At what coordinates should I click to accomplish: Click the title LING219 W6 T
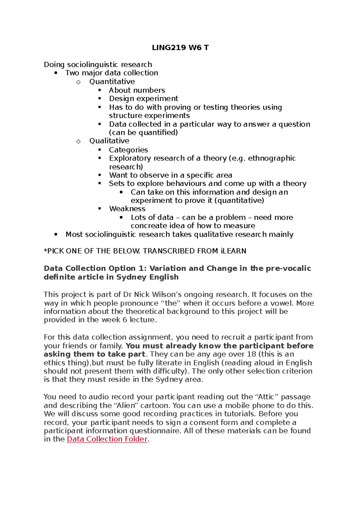pyautogui.click(x=180, y=48)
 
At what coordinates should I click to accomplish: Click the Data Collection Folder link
pyautogui.click(x=107, y=439)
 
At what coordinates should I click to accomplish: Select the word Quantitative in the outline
pyautogui.click(x=112, y=82)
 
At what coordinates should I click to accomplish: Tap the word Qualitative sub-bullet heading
pyautogui.click(x=109, y=141)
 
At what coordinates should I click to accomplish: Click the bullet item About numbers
pyautogui.click(x=137, y=90)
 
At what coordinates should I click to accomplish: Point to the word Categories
pyautogui.click(x=128, y=150)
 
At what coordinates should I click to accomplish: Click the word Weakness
pyautogui.click(x=127, y=209)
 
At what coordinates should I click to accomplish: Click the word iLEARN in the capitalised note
pyautogui.click(x=233, y=251)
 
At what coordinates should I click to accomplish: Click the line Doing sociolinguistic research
pyautogui.click(x=98, y=64)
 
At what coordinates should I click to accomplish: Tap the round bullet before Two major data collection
pyautogui.click(x=56, y=73)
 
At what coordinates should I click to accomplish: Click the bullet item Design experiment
pyautogui.click(x=143, y=99)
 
